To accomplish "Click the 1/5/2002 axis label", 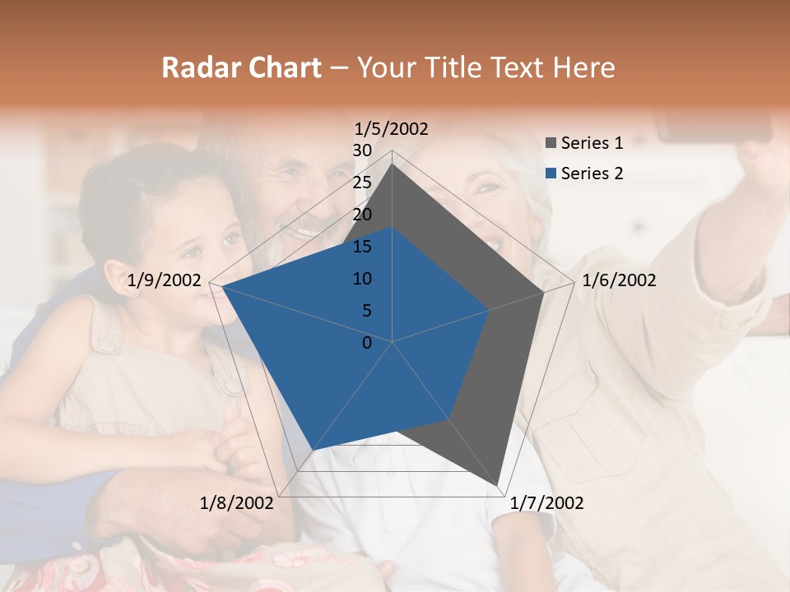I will pos(392,129).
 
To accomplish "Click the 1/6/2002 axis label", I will pos(619,280).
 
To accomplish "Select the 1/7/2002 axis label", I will pos(546,503).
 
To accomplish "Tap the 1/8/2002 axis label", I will pos(237,503).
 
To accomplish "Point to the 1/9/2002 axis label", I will pos(165,280).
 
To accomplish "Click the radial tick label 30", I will pos(361,150).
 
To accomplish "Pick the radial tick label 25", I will pos(361,183).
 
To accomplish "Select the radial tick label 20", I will pos(361,215).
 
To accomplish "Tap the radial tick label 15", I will pos(361,247).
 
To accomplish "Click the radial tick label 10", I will pos(361,279).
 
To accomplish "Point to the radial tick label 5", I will pos(366,311).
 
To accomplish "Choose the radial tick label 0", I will pos(367,343).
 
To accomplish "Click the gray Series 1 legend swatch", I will pos(551,144).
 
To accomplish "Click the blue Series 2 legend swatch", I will pos(551,173).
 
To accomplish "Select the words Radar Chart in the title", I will pos(241,67).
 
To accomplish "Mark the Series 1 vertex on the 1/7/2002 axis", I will pos(497,485).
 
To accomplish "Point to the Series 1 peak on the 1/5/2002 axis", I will pos(392,164).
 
